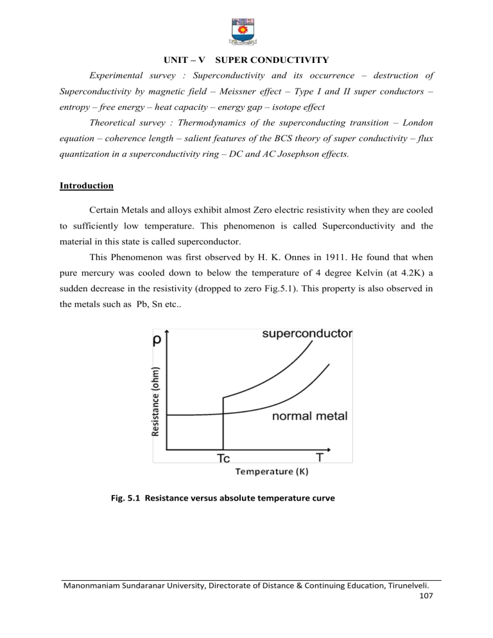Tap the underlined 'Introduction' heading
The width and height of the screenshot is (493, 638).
[86, 185]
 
